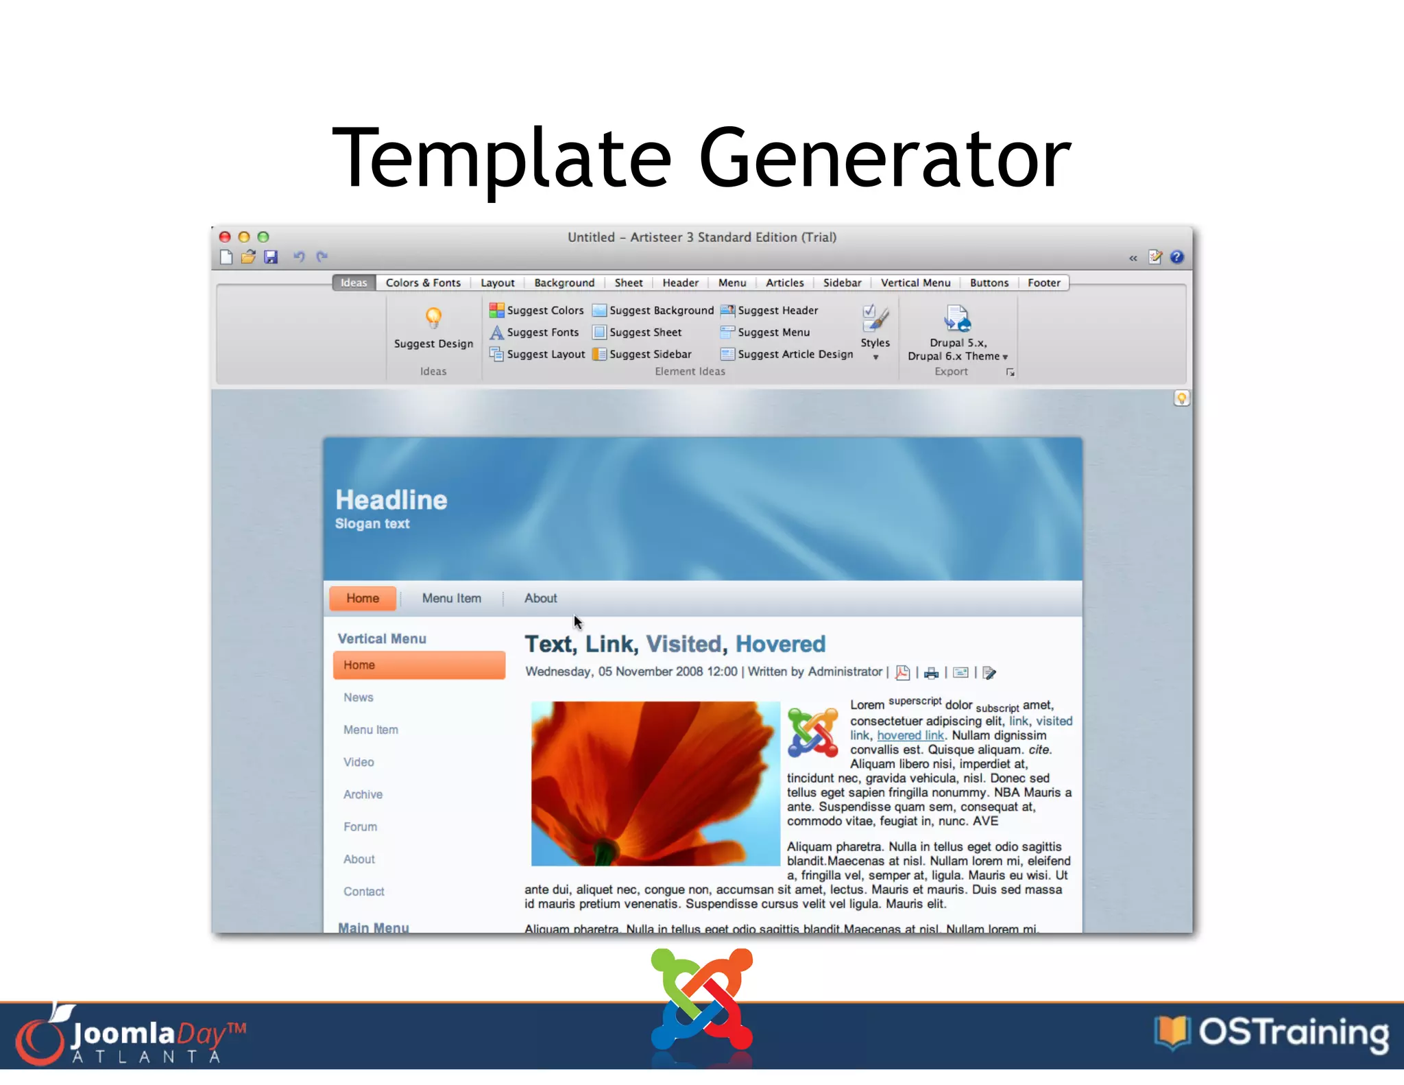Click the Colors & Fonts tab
point(423,283)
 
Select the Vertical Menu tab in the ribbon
point(915,283)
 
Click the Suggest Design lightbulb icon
point(433,318)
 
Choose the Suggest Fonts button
point(535,333)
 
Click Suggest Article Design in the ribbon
point(787,355)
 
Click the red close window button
point(225,237)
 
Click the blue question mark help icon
point(1177,257)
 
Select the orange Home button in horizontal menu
point(363,598)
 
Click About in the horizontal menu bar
point(540,598)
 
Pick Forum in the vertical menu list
point(361,827)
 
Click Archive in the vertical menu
point(363,795)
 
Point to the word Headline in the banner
point(391,501)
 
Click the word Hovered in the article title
point(780,644)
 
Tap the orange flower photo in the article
point(655,783)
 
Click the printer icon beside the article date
point(931,673)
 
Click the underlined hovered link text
point(910,736)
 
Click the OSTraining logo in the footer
point(1272,1033)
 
